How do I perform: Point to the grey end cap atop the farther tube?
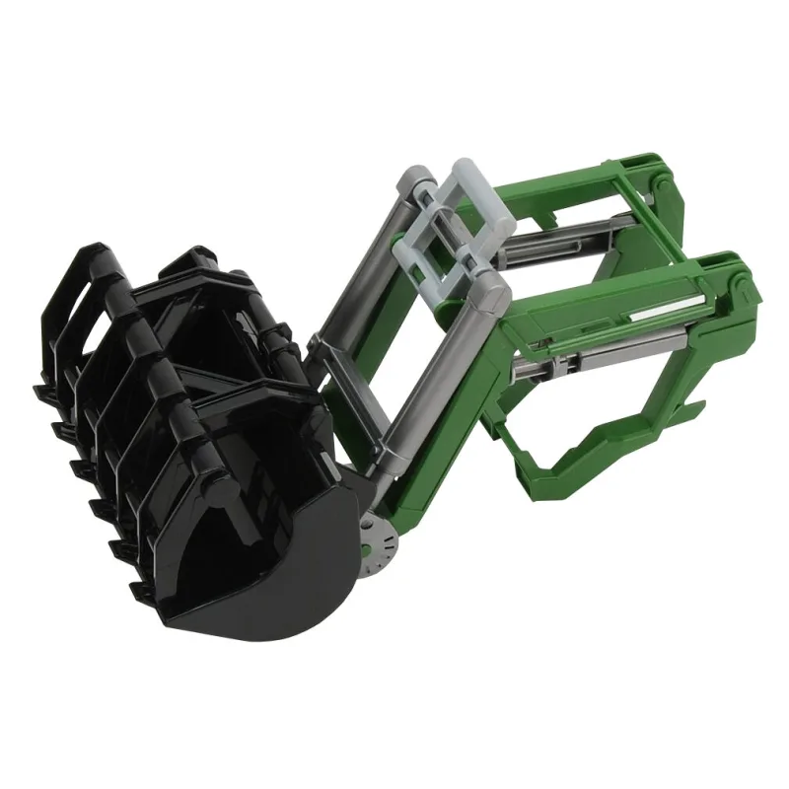(412, 181)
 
